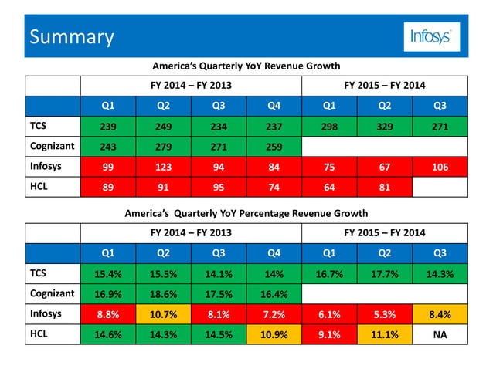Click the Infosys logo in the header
point(432,36)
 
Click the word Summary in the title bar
point(71,36)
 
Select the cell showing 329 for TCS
point(384,126)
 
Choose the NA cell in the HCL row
point(439,336)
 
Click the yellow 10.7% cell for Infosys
point(163,315)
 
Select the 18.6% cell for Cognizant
point(163,294)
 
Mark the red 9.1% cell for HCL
point(328,336)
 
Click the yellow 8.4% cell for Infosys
point(439,315)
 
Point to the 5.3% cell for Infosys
point(384,315)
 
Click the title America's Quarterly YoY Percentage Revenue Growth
point(246,213)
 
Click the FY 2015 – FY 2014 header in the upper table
point(383,84)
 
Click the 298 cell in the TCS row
point(328,126)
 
